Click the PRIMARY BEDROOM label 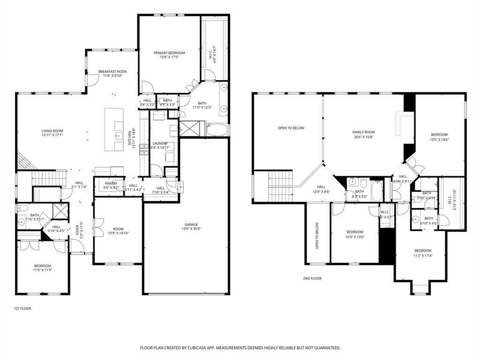click(x=169, y=53)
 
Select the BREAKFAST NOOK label click(x=112, y=72)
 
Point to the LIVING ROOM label click(x=52, y=131)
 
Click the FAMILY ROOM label click(x=364, y=132)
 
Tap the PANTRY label click(x=111, y=183)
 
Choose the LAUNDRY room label click(x=160, y=143)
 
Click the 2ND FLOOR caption click(x=312, y=278)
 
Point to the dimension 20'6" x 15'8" click(x=364, y=137)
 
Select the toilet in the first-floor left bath click(x=19, y=208)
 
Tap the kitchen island click(x=114, y=129)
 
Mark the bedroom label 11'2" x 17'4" click(x=422, y=255)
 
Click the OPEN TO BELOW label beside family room click(x=291, y=128)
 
